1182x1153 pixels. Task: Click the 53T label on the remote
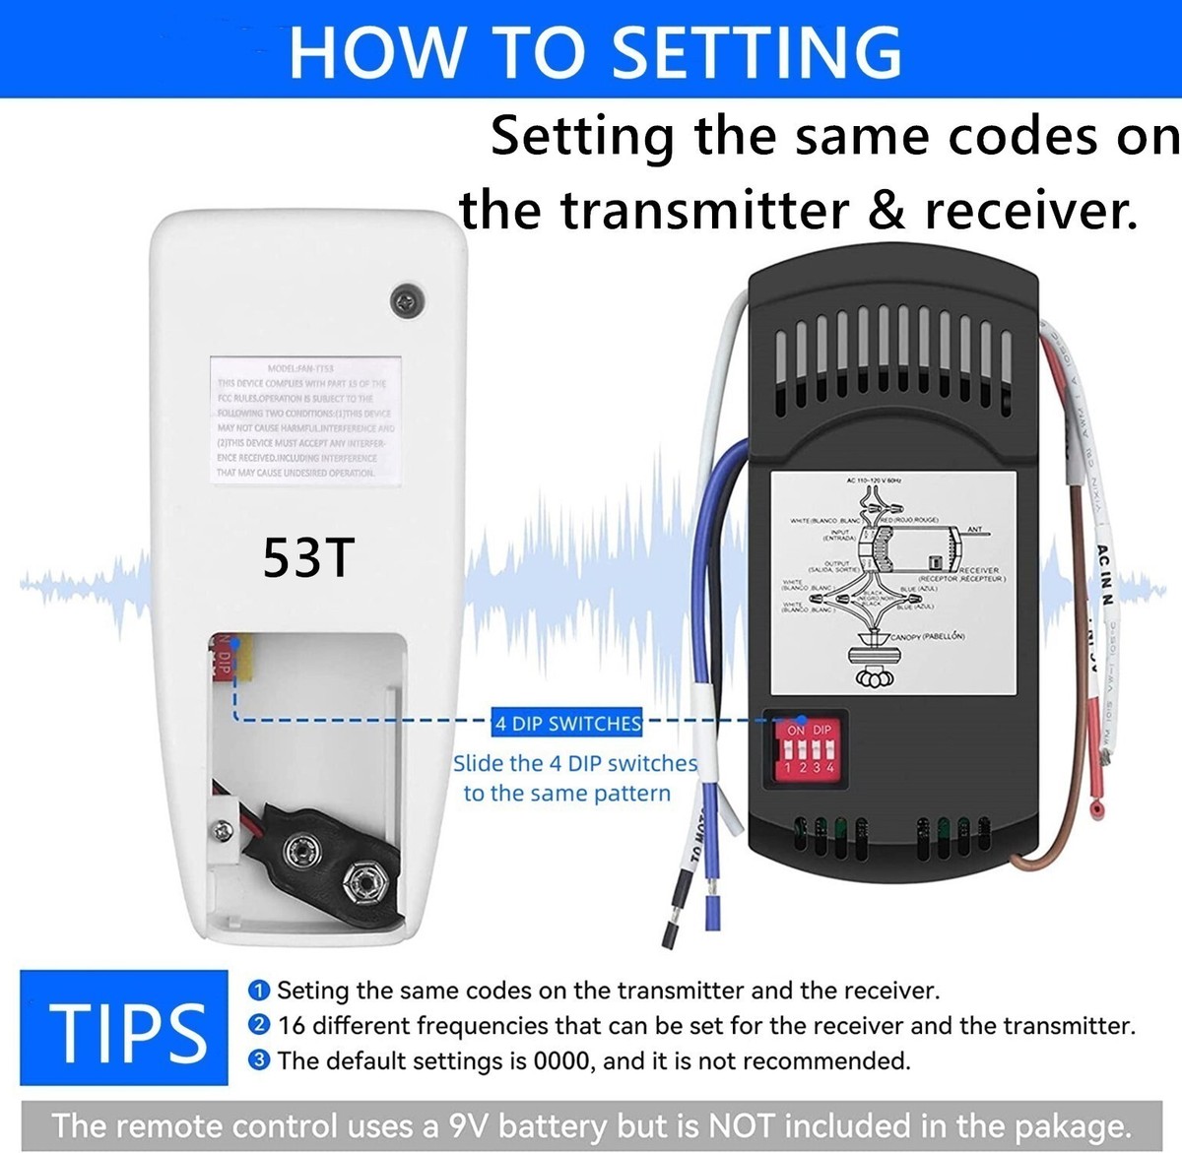tap(307, 557)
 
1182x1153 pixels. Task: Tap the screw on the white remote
tap(406, 300)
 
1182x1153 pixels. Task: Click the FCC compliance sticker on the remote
tap(305, 420)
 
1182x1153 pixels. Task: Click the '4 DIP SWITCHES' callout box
tap(567, 723)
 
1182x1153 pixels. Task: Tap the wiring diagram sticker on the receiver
tap(892, 580)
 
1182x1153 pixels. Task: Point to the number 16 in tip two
tap(292, 1026)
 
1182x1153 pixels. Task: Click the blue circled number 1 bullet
tap(259, 990)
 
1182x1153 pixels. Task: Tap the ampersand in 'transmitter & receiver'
tap(886, 210)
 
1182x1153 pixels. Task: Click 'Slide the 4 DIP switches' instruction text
tap(574, 763)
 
